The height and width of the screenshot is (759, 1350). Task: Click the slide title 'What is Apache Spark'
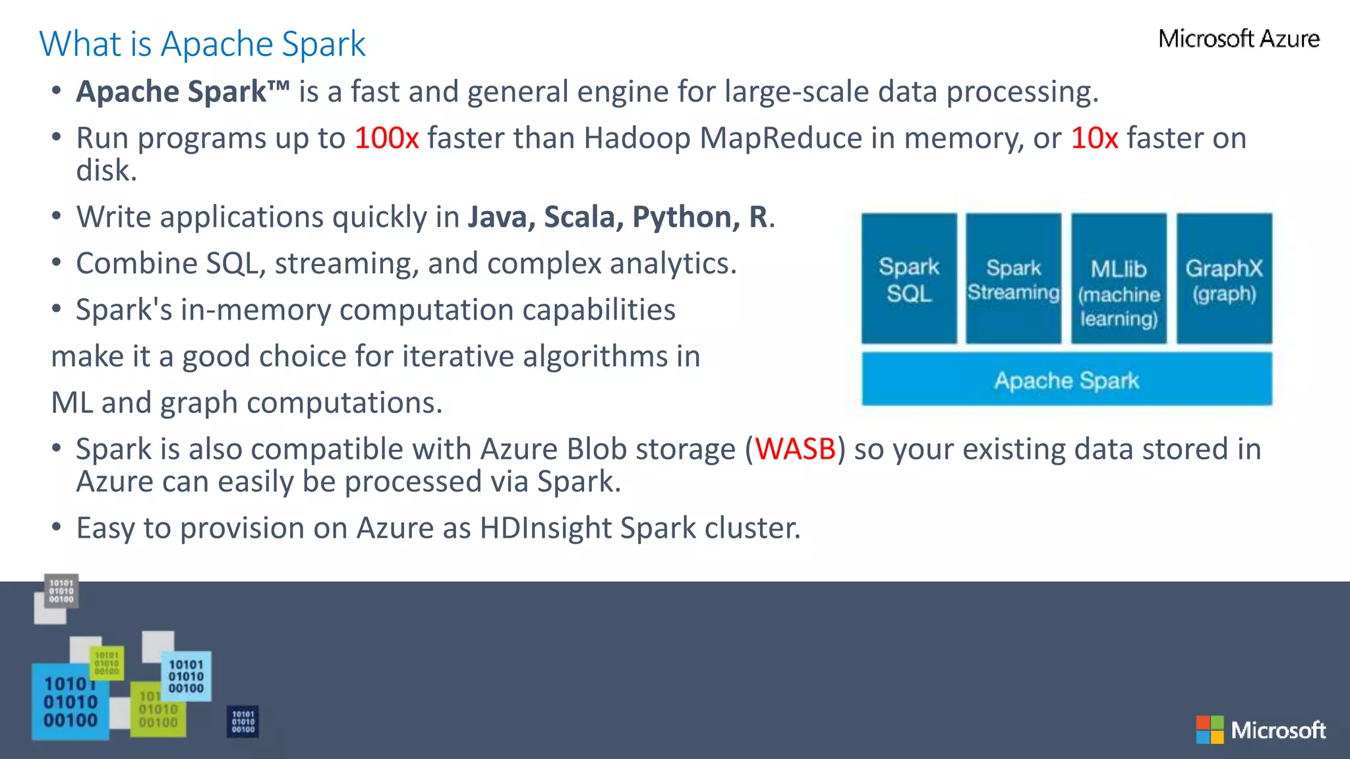[202, 44]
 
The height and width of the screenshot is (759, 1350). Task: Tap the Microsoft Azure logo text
[1239, 39]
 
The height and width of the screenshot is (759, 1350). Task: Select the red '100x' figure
[386, 138]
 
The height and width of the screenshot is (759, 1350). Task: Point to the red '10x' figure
[1094, 138]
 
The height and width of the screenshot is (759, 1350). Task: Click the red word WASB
[795, 449]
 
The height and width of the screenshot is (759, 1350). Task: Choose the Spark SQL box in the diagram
[908, 279]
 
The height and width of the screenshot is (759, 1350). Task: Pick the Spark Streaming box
[1013, 279]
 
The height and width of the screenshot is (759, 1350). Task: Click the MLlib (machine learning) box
[1119, 279]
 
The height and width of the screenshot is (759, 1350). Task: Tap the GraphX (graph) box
[1224, 279]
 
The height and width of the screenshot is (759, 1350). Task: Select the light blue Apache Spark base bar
[1066, 379]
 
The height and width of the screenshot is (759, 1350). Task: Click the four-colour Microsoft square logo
[1210, 730]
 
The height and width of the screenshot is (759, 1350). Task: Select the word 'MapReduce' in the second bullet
[780, 138]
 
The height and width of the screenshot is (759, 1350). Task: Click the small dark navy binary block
[243, 721]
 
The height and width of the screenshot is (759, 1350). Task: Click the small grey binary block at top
[61, 591]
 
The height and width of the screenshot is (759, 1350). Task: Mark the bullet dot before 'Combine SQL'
[57, 263]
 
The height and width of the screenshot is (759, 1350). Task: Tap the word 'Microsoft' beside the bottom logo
[1278, 731]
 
